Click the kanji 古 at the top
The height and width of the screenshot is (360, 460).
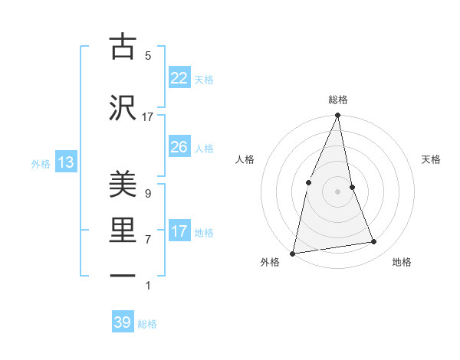coord(122,47)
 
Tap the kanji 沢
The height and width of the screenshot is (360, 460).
coord(122,108)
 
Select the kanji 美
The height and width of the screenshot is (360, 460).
coord(122,185)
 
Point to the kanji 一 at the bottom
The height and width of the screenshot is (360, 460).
coord(122,276)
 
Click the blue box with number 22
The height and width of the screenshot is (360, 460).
coord(179,78)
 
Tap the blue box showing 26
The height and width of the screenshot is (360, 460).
coord(179,147)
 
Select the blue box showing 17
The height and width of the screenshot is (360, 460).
coord(179,231)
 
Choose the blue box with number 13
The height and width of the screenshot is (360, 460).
coord(65,162)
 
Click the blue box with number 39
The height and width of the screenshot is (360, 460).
coord(123,322)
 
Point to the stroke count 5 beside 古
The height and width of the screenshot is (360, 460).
coord(148,56)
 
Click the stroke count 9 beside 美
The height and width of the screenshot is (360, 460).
coord(148,194)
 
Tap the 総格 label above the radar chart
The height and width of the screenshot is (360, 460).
coord(337,100)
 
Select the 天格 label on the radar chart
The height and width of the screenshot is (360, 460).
coord(432,159)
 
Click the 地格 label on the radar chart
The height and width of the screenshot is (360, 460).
coord(402,262)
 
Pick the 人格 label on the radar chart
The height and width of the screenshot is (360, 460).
coord(245,159)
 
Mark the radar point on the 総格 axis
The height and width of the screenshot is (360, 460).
coord(337,116)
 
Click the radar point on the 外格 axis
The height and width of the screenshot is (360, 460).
coord(293,253)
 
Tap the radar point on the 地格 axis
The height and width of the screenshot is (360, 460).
coord(374,242)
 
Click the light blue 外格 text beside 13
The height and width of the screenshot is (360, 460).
coord(40,163)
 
